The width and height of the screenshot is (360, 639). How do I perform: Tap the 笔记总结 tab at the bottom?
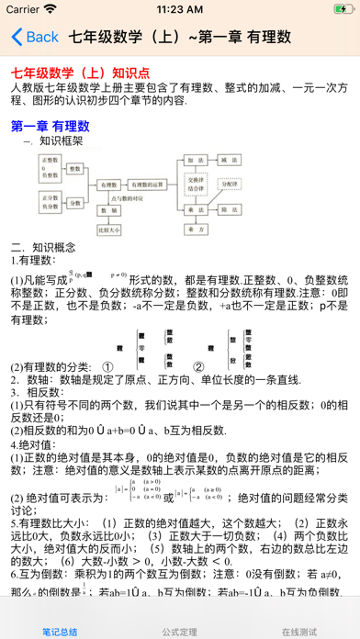tap(60, 633)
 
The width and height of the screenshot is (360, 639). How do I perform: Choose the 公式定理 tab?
tap(180, 633)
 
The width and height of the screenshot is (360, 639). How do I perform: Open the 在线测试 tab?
tap(299, 633)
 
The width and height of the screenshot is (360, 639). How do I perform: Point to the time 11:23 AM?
tap(180, 10)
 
